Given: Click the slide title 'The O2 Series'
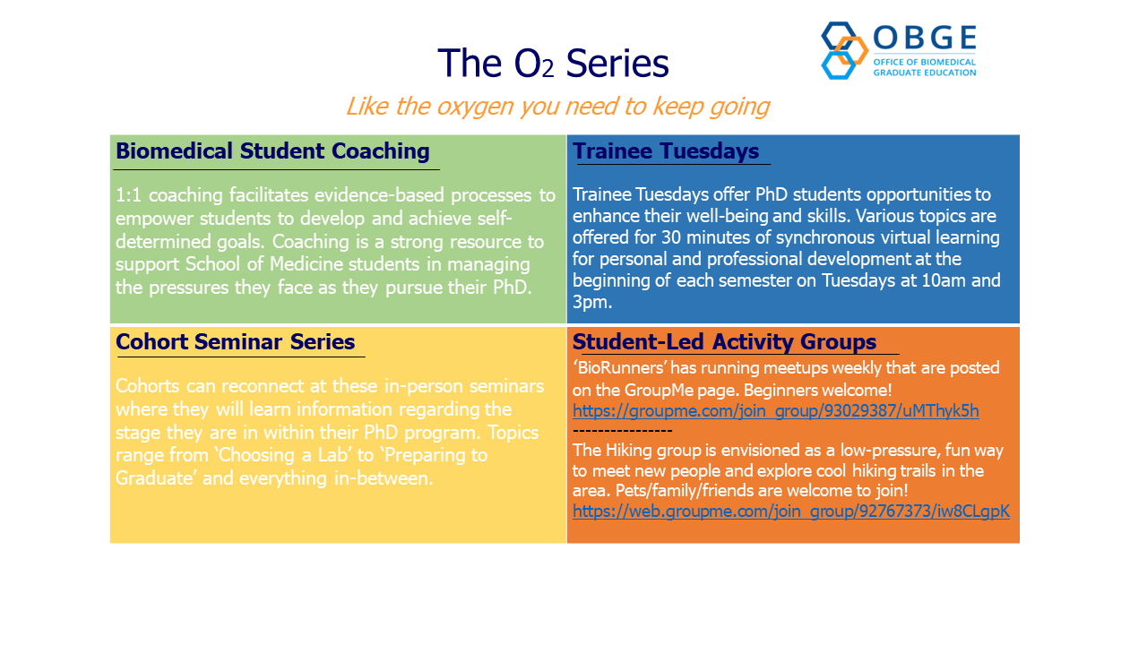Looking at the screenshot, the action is (x=553, y=63).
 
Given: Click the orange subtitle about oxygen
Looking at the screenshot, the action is (x=557, y=107).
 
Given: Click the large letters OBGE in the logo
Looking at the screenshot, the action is (x=925, y=38).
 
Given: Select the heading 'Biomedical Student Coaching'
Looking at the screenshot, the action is (x=272, y=151).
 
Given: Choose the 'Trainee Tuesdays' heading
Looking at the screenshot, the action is (x=666, y=151).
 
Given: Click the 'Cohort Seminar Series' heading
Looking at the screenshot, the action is (x=235, y=341).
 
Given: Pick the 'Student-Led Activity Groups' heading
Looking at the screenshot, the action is (x=724, y=341).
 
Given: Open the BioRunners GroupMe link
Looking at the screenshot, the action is (x=776, y=411).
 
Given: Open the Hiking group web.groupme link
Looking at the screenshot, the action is (x=791, y=511).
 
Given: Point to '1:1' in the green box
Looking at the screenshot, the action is (x=128, y=195).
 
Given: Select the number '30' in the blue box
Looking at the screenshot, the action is (x=671, y=237).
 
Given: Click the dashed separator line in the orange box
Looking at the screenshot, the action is (x=622, y=431).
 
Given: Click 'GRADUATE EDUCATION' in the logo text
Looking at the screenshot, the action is (x=925, y=73).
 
